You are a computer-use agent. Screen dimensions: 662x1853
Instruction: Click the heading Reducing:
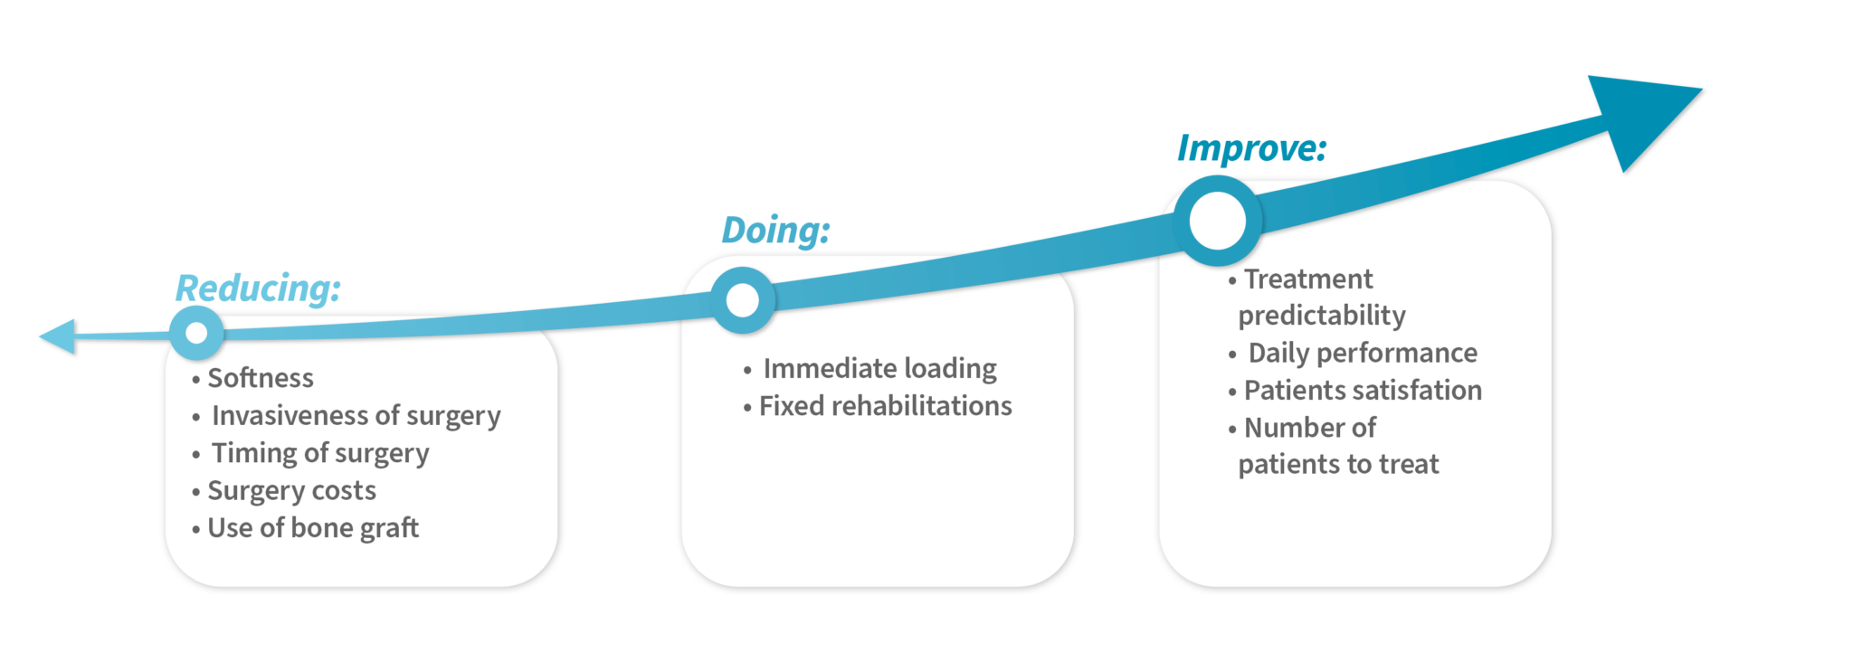click(258, 288)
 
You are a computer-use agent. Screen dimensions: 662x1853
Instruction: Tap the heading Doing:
click(775, 231)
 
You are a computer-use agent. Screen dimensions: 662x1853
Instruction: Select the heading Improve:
click(1251, 148)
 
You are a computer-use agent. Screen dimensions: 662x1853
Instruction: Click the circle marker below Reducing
click(196, 333)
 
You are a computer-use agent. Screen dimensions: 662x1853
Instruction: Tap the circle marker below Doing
click(743, 300)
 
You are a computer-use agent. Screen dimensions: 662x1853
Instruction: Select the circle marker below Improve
click(1217, 221)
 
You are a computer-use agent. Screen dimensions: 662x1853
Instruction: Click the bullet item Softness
click(261, 378)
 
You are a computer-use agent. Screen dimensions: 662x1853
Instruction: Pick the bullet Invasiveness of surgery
click(356, 416)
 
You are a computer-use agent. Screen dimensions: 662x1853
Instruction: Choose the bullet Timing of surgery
click(320, 453)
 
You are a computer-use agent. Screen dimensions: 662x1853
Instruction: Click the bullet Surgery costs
click(291, 491)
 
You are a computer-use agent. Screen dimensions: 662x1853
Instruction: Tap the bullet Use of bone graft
click(313, 528)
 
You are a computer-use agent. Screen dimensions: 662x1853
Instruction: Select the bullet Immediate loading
click(879, 369)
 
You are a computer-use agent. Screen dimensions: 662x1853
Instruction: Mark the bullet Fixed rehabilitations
click(885, 406)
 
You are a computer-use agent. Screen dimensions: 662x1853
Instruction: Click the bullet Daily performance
click(1363, 353)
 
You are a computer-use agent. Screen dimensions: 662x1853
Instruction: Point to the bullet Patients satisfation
click(1363, 391)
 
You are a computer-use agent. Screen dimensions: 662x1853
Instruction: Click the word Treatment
click(1308, 279)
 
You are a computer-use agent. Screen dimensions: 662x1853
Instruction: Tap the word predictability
click(1322, 316)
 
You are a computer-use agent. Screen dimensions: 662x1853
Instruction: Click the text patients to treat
click(1338, 465)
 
